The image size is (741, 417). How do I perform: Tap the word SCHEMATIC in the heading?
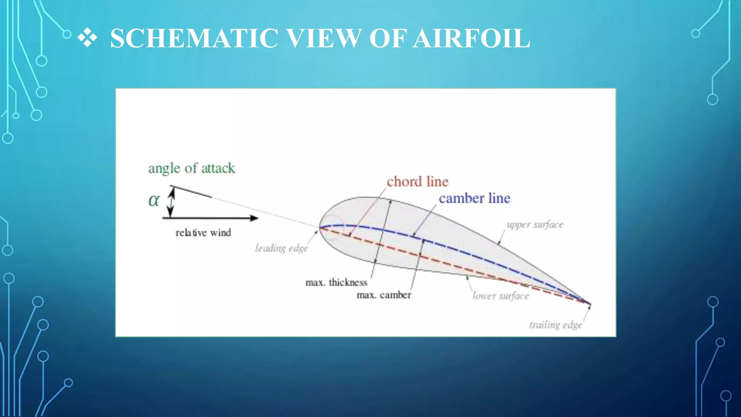(194, 38)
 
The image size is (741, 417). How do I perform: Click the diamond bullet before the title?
(87, 38)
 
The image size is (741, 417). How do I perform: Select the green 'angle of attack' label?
(191, 168)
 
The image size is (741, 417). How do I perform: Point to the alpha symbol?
(154, 200)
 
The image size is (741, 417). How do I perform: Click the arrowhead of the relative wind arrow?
(254, 218)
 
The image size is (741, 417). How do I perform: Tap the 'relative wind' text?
(203, 232)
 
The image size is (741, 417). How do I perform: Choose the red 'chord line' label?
(417, 181)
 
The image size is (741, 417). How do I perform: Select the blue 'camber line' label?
(474, 198)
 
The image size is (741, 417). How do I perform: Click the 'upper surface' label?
(535, 224)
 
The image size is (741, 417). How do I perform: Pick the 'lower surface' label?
(500, 296)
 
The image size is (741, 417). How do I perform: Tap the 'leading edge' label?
(281, 248)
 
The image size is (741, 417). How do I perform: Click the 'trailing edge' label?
(555, 325)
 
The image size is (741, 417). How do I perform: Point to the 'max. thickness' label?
(336, 282)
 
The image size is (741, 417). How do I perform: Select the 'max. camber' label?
(384, 295)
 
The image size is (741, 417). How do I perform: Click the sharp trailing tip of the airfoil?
(590, 304)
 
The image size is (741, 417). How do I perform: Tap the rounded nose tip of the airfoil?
(320, 228)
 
